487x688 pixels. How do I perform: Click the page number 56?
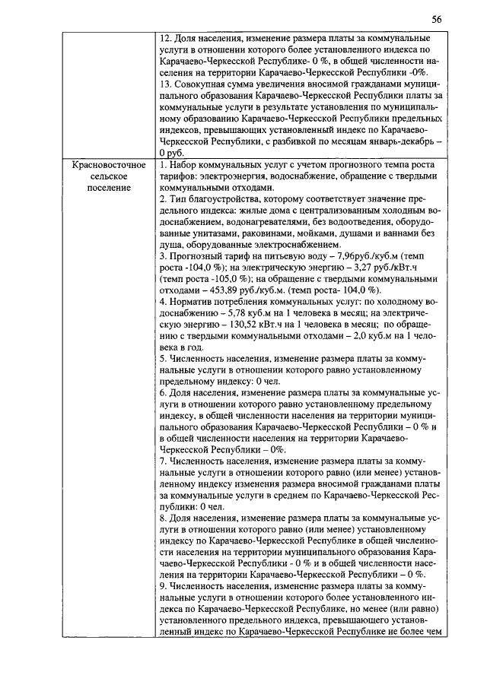pos(436,18)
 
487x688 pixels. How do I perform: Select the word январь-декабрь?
pos(388,142)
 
